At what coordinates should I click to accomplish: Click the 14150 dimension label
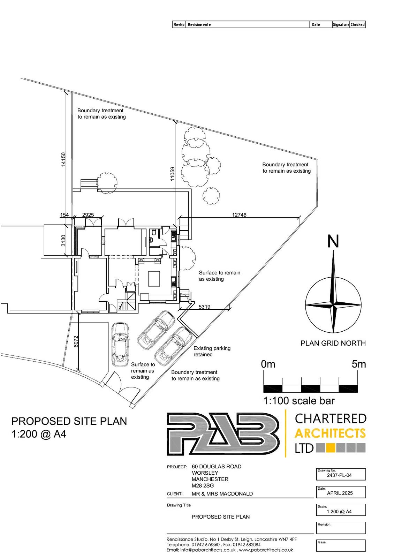(x=63, y=159)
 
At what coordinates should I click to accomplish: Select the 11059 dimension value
(x=172, y=173)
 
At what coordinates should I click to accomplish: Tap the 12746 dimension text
(x=239, y=215)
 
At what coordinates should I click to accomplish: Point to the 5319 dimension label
(x=204, y=307)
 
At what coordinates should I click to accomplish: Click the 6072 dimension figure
(x=76, y=341)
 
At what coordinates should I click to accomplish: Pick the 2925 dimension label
(x=88, y=215)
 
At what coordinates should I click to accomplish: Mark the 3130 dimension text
(x=63, y=241)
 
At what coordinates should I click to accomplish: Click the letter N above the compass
(x=333, y=241)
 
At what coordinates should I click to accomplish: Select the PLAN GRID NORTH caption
(x=333, y=343)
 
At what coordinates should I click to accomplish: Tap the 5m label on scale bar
(x=359, y=364)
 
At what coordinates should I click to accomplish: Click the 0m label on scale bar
(x=268, y=364)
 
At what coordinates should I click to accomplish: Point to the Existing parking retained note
(x=212, y=351)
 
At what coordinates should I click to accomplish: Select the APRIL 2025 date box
(x=340, y=493)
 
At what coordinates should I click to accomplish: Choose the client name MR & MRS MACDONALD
(x=222, y=494)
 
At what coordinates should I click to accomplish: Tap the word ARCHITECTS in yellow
(x=330, y=433)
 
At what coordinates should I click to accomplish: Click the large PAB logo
(x=223, y=434)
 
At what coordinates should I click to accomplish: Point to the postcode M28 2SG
(x=203, y=485)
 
